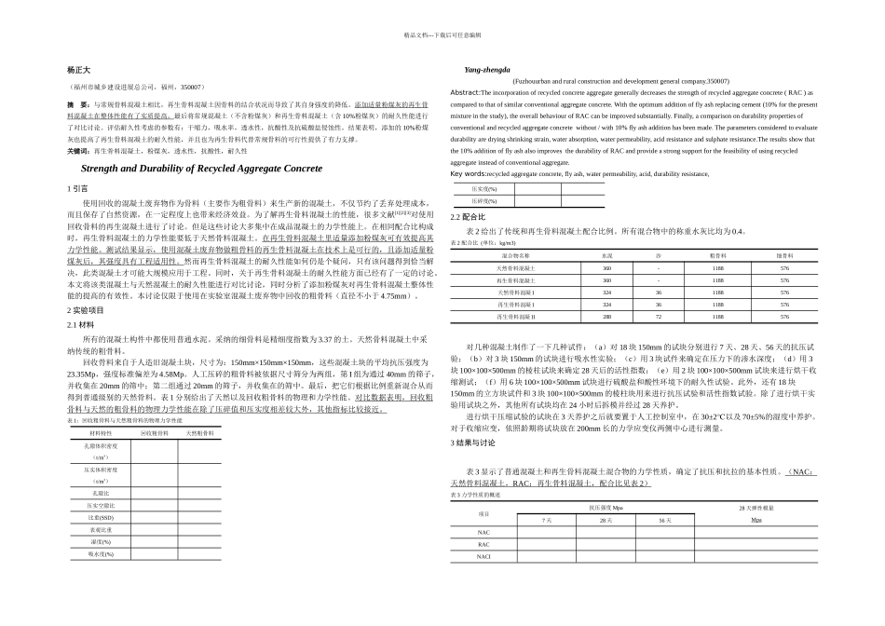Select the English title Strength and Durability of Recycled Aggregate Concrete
[202, 169]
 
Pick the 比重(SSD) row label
[102, 517]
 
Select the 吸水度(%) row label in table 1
[102, 553]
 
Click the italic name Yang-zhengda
[486, 71]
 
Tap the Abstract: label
[465, 93]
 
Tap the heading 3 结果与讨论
[475, 443]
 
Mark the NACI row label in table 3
[484, 556]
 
